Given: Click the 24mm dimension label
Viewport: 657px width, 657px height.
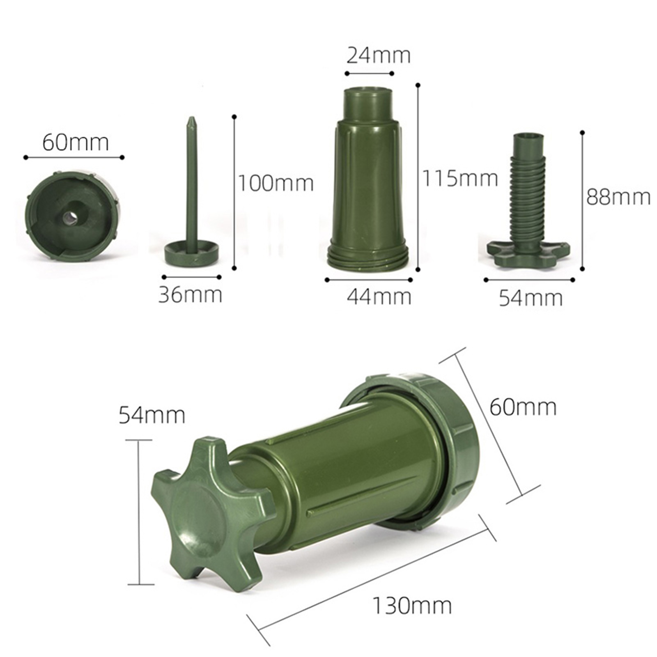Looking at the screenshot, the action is (378, 56).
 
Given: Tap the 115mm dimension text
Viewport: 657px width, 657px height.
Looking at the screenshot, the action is (460, 178).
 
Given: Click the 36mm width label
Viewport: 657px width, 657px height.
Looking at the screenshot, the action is (190, 295).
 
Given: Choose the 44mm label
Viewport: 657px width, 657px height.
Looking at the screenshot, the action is (379, 296).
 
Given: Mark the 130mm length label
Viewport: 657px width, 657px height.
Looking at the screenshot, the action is (412, 606).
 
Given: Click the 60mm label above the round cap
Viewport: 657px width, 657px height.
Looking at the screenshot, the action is (76, 142).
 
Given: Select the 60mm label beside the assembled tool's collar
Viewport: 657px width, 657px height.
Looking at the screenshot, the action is (523, 407).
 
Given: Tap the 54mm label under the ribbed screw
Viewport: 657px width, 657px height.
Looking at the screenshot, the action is (531, 298).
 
